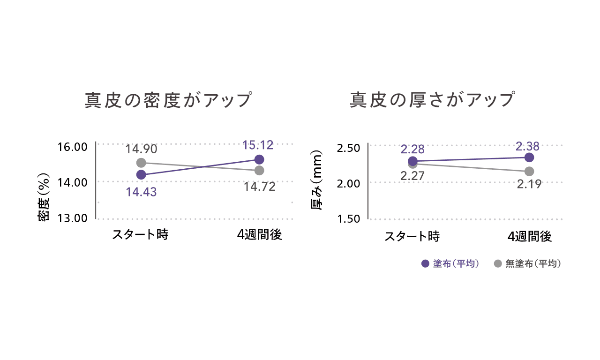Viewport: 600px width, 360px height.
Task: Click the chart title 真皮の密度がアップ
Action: [168, 101]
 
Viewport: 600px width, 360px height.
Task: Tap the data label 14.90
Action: [141, 150]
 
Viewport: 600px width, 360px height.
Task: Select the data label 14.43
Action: [141, 192]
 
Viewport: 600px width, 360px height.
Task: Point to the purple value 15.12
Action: [258, 145]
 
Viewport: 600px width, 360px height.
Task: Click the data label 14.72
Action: [259, 187]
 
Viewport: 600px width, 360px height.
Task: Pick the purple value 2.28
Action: [412, 149]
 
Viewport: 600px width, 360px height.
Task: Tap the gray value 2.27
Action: [412, 176]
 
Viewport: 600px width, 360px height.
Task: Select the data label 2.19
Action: [529, 184]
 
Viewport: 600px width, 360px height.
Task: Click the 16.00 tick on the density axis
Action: [73, 147]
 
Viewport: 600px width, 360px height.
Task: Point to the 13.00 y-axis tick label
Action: [73, 218]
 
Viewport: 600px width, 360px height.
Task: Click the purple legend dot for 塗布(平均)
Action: [426, 263]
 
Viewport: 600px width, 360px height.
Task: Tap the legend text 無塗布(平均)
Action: [533, 263]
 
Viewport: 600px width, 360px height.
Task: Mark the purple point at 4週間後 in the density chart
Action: [258, 159]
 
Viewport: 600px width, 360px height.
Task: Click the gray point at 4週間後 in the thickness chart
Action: [529, 171]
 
